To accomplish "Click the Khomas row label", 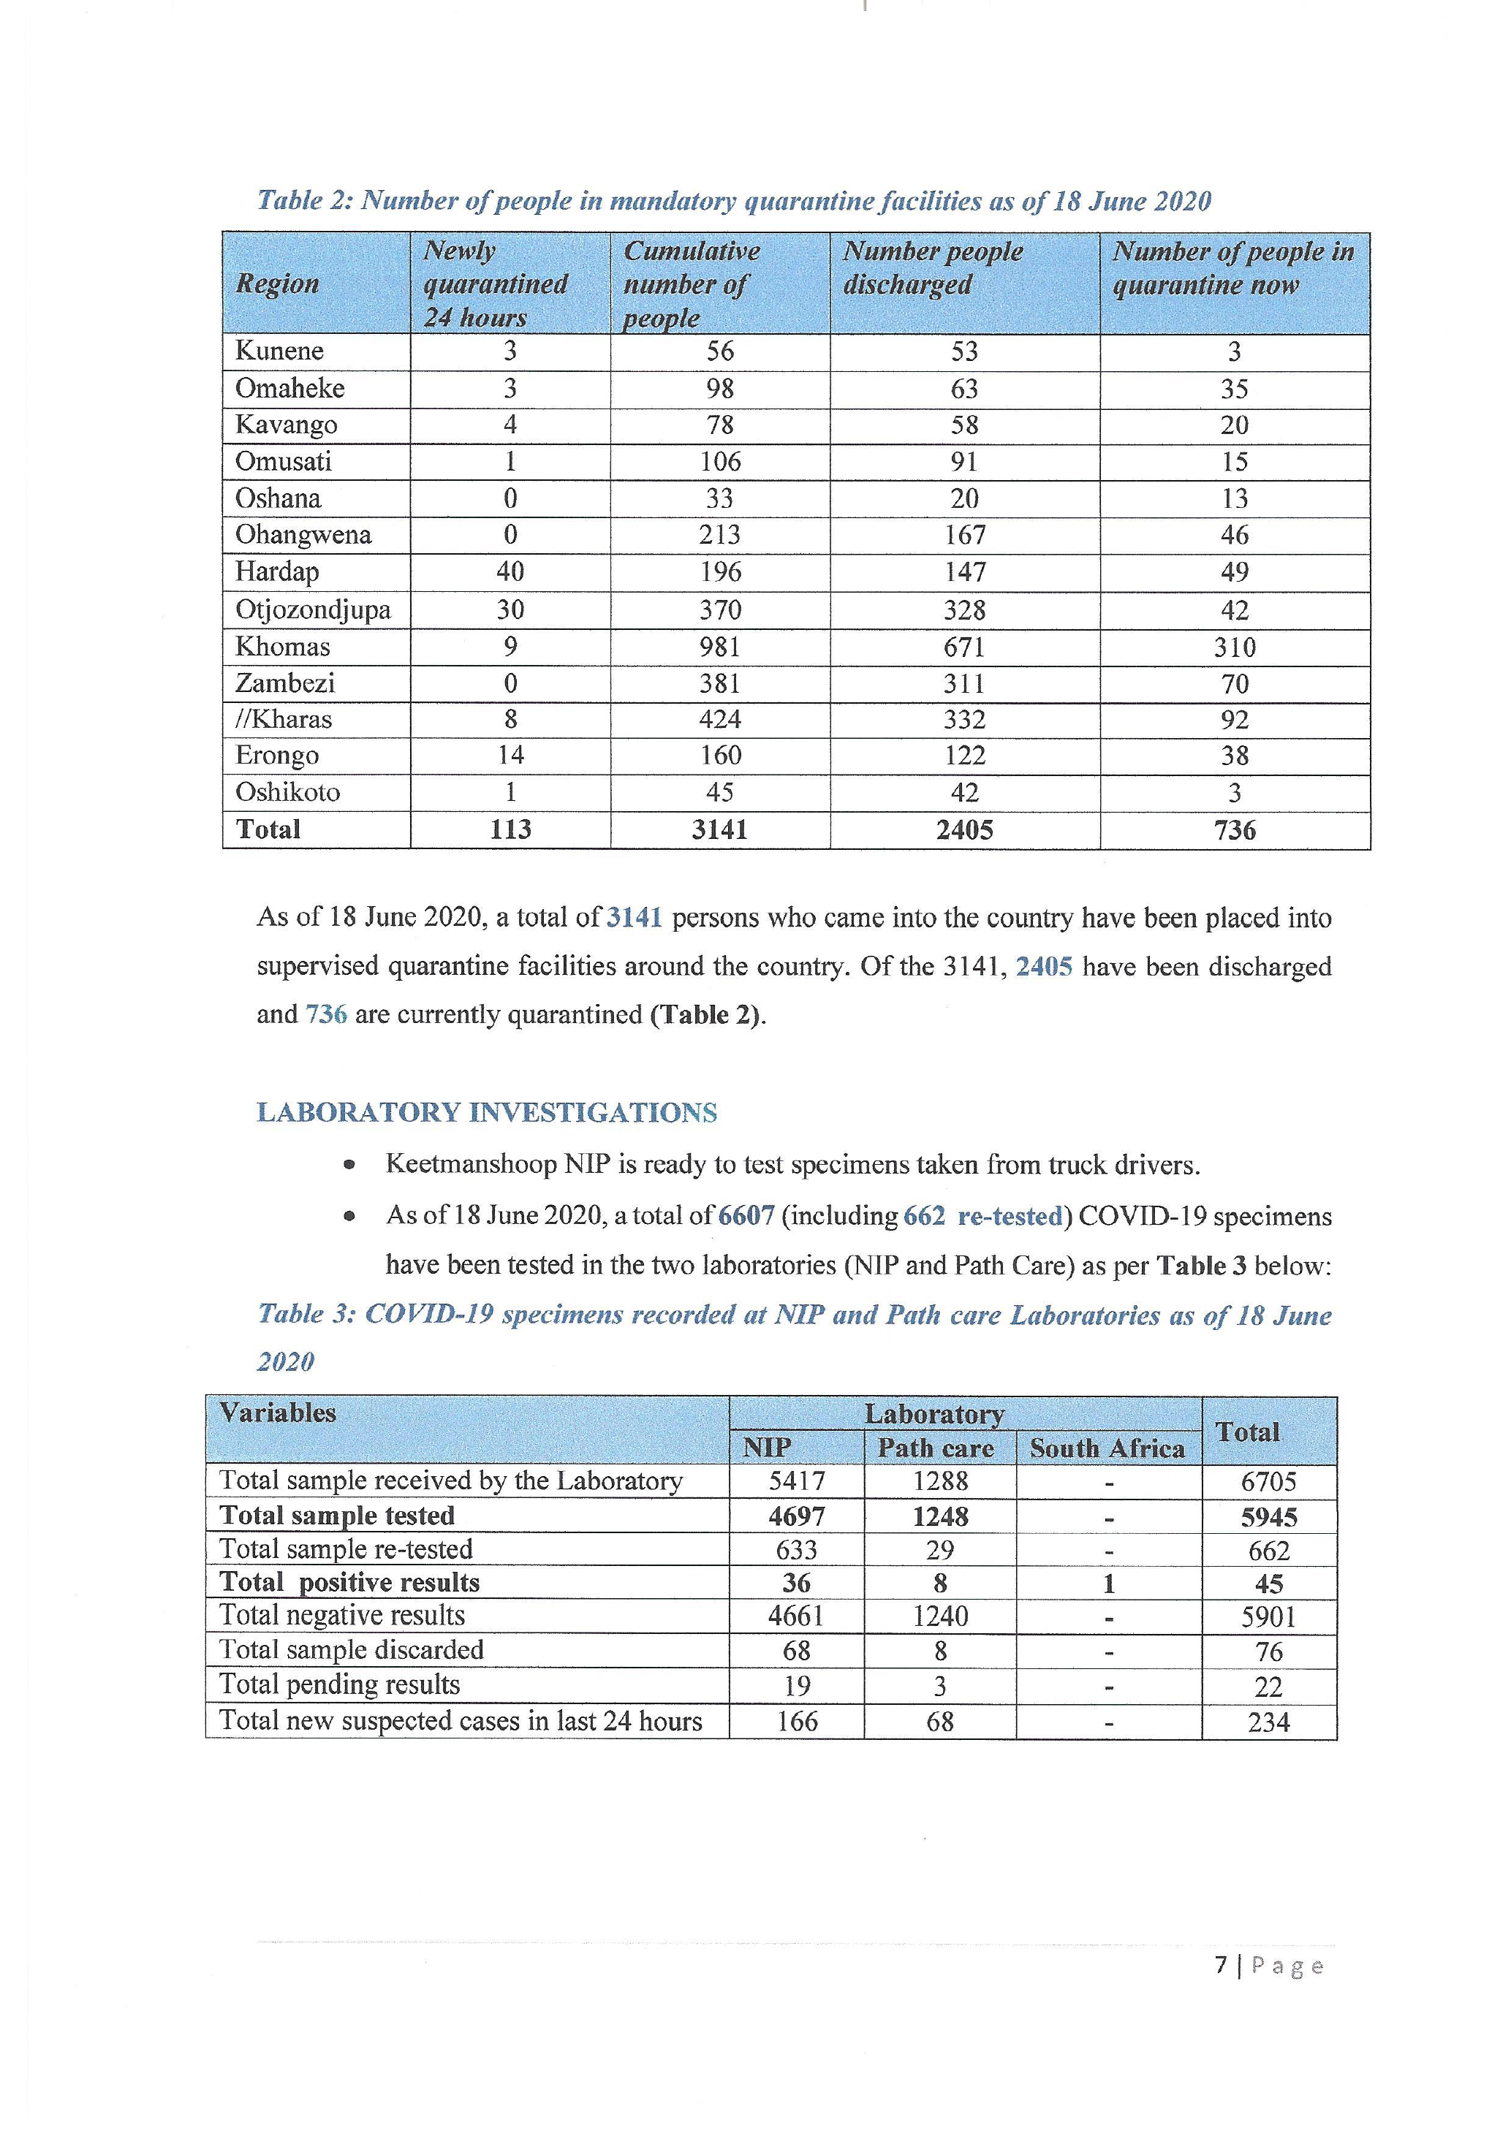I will point(282,647).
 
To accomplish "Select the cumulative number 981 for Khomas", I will point(719,647).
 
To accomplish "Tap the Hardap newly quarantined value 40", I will point(510,571).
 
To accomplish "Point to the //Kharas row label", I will point(283,719).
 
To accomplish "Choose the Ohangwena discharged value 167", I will point(964,535).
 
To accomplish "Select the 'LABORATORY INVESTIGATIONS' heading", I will point(487,1113).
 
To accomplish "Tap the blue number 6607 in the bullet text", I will point(746,1216).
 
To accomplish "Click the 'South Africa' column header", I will point(1107,1448).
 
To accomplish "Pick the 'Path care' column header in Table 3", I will point(936,1448).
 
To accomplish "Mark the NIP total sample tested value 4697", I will point(797,1516).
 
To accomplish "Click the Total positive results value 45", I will point(1268,1584).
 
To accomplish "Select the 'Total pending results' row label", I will point(340,1685).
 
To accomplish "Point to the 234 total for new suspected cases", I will point(1268,1722).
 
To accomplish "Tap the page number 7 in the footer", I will point(1220,1965).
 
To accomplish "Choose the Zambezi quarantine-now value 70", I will point(1234,684).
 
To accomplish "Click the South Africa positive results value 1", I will point(1108,1584).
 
